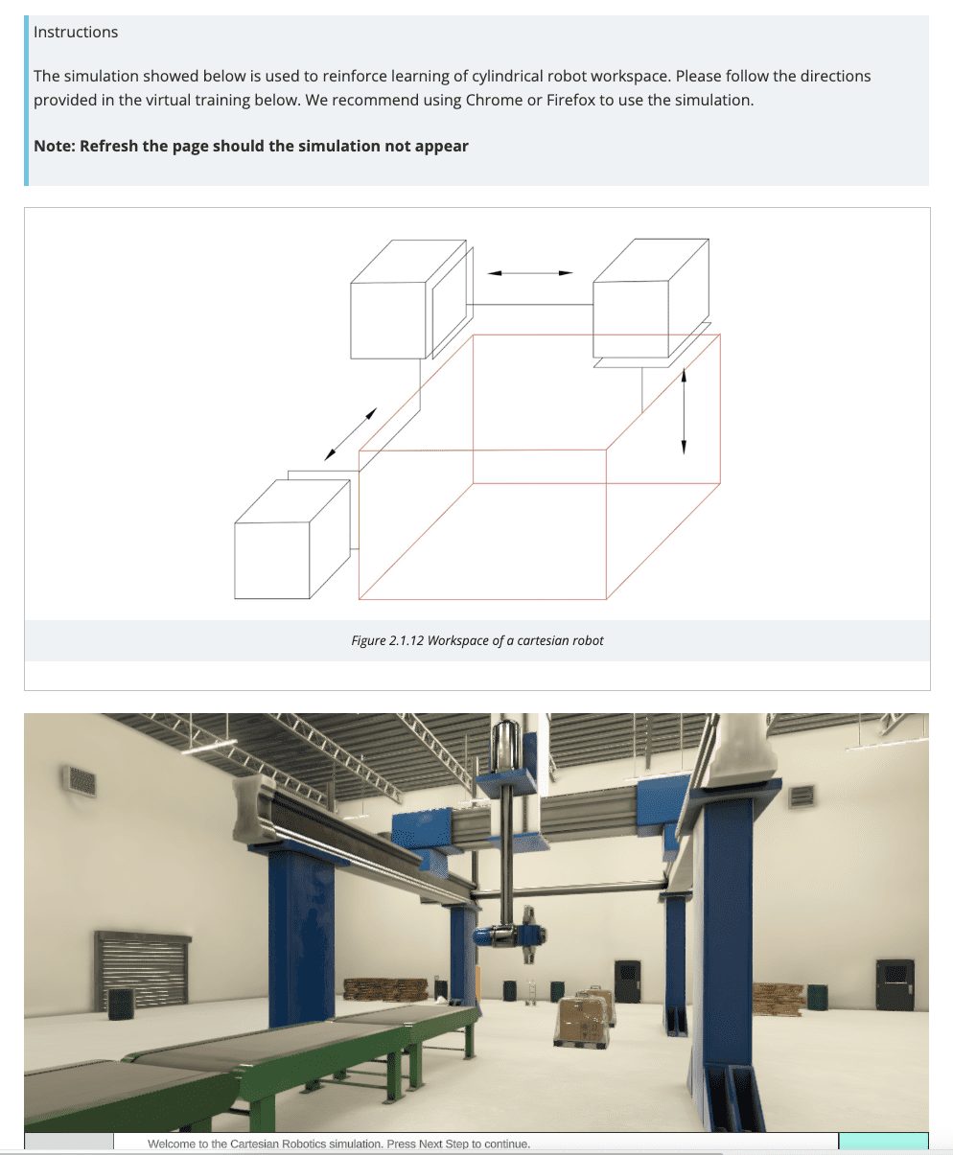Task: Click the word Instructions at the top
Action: point(76,32)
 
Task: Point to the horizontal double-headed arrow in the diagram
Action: point(529,273)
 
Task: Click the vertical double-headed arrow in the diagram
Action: point(684,411)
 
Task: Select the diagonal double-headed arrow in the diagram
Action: point(350,434)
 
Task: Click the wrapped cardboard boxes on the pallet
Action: point(585,1017)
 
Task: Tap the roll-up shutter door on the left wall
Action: point(142,969)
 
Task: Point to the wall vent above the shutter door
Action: point(80,780)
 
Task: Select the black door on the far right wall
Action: point(894,985)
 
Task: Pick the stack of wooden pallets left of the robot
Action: point(385,989)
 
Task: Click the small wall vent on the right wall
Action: point(801,796)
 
